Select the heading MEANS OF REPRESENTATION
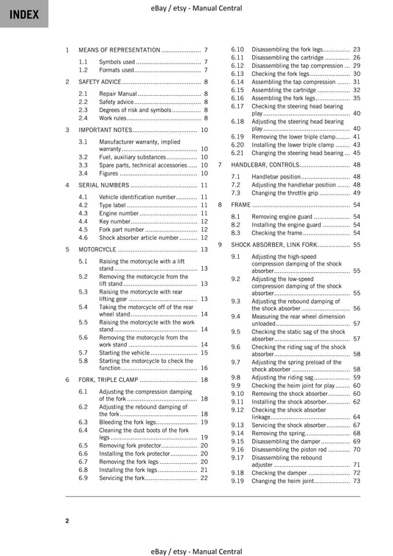(119, 49)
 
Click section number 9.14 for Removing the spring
(237, 433)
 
